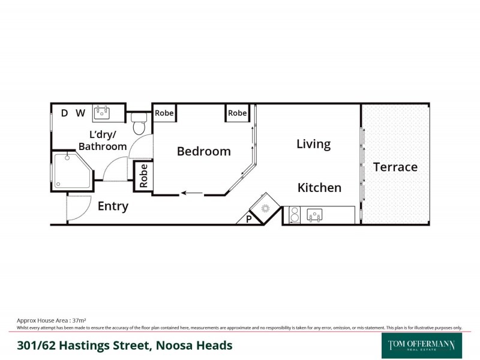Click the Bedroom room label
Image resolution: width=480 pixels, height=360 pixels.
pos(203,151)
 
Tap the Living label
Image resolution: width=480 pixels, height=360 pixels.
pos(313,144)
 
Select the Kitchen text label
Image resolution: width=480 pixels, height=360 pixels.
pos(319,188)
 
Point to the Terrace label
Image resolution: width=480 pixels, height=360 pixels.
pos(395,167)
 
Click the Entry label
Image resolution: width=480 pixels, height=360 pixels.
pos(113,206)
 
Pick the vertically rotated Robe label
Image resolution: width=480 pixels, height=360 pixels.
pos(143,176)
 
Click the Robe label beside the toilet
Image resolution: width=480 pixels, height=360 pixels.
pos(164,113)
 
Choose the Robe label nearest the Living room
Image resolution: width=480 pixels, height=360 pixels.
pos(237,113)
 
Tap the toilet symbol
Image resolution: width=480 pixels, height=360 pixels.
pos(139,124)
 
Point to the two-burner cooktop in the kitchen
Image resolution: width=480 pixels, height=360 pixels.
pos(295,215)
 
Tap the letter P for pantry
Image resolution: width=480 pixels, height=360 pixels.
pos(249,220)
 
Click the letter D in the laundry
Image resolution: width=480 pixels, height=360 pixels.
pos(64,113)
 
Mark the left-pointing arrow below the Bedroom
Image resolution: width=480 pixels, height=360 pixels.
pos(192,193)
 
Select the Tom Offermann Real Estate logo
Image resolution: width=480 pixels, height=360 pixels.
pos(421,345)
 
